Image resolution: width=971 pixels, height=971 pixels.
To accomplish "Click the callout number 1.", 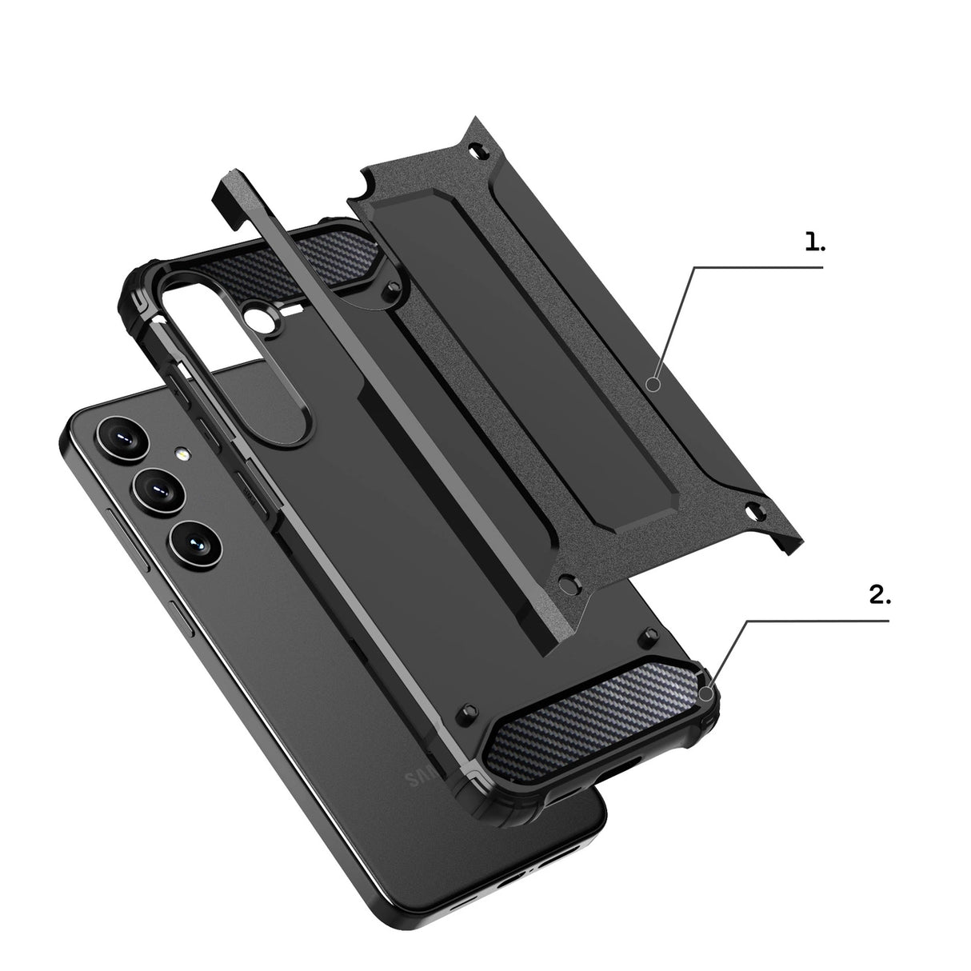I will coord(814,242).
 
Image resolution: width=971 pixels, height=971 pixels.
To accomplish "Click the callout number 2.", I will coord(878,595).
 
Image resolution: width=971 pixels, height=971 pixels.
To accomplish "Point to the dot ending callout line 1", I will coord(653,386).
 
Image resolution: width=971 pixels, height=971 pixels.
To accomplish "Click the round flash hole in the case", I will coord(262,321).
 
